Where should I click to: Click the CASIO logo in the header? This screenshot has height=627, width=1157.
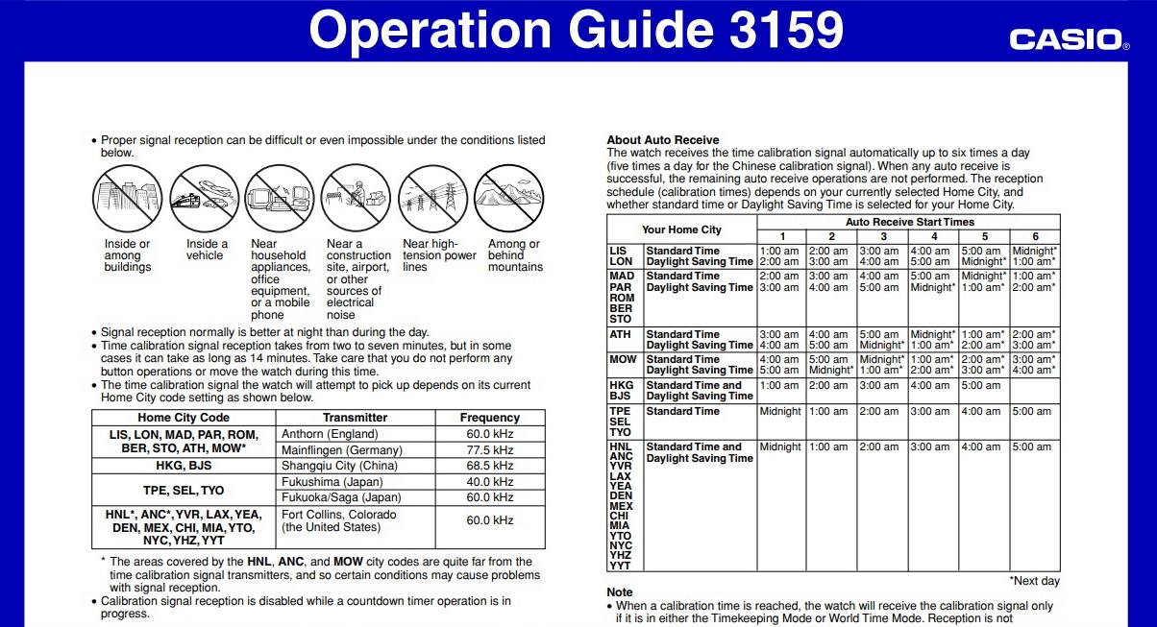[1067, 39]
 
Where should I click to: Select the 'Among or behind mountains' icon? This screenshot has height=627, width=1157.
[509, 198]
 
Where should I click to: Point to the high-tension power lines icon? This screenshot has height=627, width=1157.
[432, 198]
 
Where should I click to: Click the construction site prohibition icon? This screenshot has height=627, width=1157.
[356, 198]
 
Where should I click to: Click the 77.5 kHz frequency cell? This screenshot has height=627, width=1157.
[490, 449]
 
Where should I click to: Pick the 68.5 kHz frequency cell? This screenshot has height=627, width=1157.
[490, 466]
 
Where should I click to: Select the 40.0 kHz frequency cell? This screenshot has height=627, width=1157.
[490, 482]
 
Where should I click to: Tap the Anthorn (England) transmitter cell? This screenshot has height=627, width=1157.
[330, 434]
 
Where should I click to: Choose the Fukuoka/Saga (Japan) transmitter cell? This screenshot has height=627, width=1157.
[341, 497]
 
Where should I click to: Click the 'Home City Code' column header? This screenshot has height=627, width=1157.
[184, 418]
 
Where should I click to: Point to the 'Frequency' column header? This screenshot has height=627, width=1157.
[490, 418]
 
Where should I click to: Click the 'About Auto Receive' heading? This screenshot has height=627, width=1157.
[663, 140]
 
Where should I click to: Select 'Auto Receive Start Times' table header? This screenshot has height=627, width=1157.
[909, 222]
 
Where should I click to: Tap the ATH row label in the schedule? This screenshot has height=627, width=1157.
[620, 334]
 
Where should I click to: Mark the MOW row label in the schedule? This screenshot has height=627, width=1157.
[623, 360]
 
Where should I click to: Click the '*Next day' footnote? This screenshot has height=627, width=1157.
[1035, 581]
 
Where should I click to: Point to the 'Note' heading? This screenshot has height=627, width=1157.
[620, 592]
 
